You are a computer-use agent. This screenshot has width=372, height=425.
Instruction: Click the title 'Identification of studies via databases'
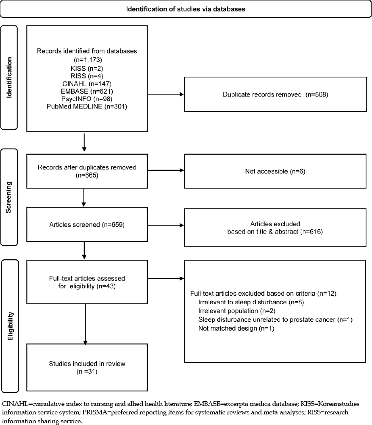coord(186,9)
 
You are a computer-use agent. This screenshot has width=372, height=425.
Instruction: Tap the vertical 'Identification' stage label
coord(9,78)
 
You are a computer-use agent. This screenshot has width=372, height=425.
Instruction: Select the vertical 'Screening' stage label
coord(8,197)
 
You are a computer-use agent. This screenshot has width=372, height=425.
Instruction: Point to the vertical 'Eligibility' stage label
coord(10,326)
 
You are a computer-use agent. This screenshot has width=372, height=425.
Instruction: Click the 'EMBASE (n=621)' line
coord(87,92)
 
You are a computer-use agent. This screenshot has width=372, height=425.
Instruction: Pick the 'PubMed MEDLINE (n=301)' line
coord(87,106)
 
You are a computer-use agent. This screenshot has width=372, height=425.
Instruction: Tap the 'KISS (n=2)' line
coord(87,69)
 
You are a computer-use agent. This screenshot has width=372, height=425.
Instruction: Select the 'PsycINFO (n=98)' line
coord(87,99)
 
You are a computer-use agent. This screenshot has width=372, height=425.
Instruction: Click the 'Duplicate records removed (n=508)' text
coord(275,94)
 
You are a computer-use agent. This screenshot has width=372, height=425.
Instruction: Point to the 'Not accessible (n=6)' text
coord(275,171)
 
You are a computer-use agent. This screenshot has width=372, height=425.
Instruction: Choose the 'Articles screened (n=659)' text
coord(87,225)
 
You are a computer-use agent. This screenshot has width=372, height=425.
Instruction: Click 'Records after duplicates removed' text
coord(87,167)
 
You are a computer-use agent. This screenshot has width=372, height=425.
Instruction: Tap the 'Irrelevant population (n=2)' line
coord(237,311)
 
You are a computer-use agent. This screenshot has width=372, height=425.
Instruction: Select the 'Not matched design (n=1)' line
coord(236,328)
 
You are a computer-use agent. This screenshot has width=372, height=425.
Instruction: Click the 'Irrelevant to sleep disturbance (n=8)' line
coord(251,302)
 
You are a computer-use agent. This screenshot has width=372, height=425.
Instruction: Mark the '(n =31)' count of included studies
coord(87,372)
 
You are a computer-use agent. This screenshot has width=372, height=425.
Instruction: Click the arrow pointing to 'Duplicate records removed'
coord(166,94)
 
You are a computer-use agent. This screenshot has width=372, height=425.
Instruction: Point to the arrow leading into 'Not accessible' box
coord(166,170)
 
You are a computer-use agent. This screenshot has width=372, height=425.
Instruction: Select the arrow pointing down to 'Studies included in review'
coord(85,324)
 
